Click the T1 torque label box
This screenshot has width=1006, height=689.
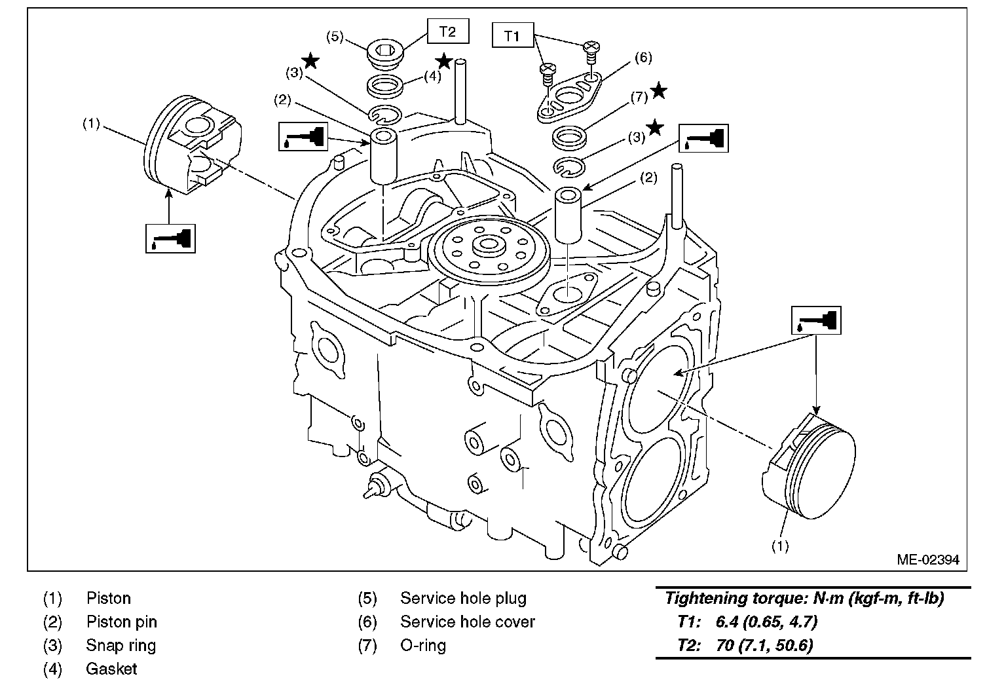coord(512,36)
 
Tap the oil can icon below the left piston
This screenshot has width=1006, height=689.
coord(170,237)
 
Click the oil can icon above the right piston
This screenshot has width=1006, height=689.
coord(815,320)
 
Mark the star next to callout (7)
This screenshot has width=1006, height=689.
coord(658,91)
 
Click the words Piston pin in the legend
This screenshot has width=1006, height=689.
coord(122,622)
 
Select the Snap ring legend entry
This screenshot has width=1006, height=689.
coord(121,645)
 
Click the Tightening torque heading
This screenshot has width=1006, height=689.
coord(804,598)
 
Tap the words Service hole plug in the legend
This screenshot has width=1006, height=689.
coord(463,598)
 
